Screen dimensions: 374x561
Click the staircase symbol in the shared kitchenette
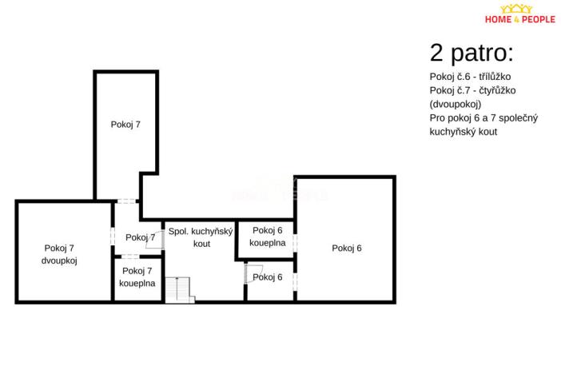click(x=185, y=289)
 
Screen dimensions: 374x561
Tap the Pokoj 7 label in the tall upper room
click(x=125, y=124)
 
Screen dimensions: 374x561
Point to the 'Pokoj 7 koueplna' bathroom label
click(x=137, y=277)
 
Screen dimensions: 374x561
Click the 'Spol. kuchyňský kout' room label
click(x=200, y=237)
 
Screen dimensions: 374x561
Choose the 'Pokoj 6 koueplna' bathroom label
click(x=267, y=236)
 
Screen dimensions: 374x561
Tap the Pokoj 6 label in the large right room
click(x=347, y=248)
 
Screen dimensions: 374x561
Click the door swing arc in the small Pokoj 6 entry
click(x=248, y=273)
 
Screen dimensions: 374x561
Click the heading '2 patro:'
click(x=471, y=54)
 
